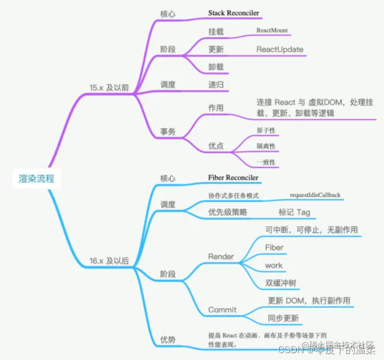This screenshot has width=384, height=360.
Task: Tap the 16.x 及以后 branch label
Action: point(109,261)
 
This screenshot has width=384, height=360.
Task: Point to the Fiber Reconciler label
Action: point(233,178)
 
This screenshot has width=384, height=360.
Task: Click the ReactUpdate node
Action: point(280,49)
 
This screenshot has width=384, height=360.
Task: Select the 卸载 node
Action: point(216,67)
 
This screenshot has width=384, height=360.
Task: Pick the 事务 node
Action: point(168,131)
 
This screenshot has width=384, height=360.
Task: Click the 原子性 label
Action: point(266,130)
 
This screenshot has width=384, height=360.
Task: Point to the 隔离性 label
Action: point(266,146)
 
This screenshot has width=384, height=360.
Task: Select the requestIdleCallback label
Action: point(315,195)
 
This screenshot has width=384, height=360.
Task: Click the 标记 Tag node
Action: point(294,213)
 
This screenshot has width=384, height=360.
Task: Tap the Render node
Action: point(221,256)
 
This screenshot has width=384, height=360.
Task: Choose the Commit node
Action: point(223,310)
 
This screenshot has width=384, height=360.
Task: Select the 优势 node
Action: point(168,340)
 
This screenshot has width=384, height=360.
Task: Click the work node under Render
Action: point(274,265)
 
